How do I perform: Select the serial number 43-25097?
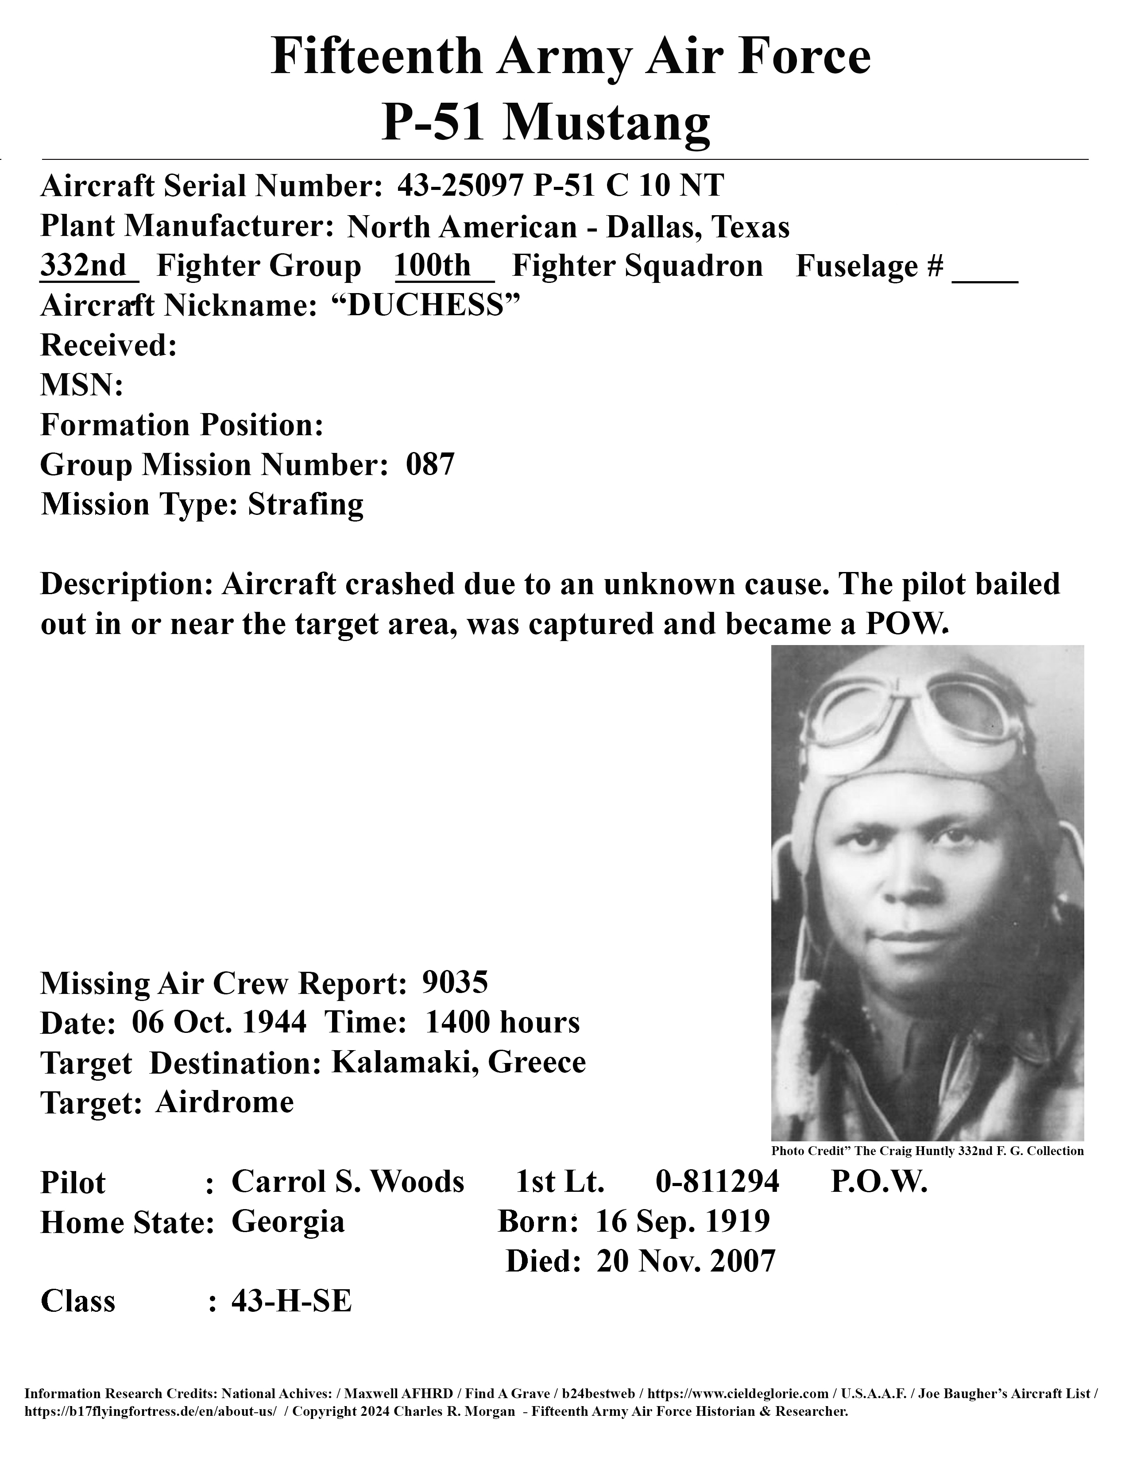tap(460, 186)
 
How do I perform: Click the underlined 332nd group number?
tap(84, 266)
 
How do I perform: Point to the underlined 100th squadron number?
tap(433, 266)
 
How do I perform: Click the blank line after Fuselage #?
tap(985, 274)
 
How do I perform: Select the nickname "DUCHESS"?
tap(426, 306)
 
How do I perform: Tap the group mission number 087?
tap(430, 464)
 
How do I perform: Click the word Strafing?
tap(305, 504)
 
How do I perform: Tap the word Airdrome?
tap(225, 1102)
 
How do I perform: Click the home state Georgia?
tap(288, 1221)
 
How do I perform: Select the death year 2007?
tap(742, 1261)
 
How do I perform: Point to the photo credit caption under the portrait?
tap(927, 1151)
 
